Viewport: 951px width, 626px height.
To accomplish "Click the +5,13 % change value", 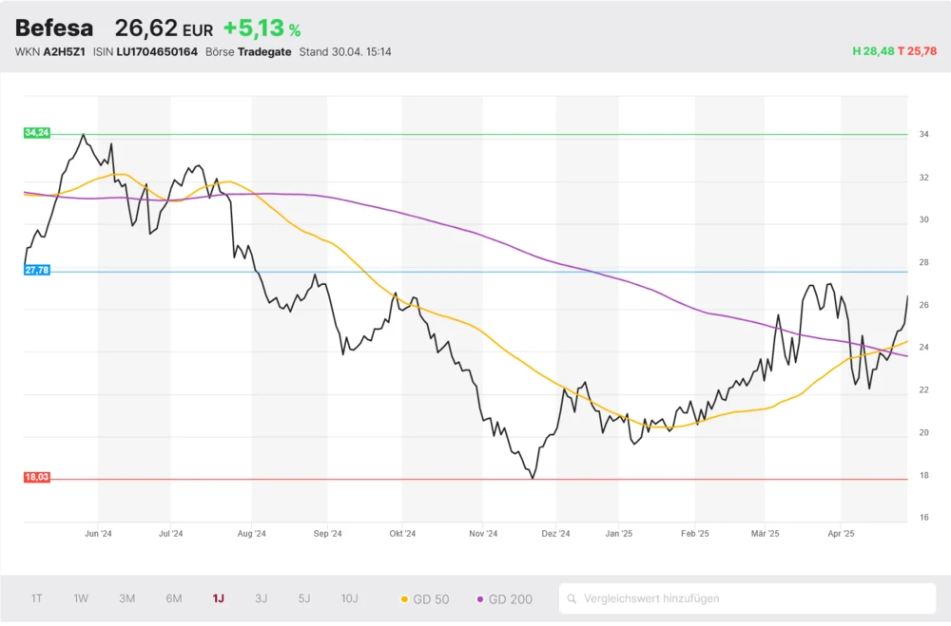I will coord(262,29).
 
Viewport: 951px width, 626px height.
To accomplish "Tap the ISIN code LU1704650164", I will coord(157,51).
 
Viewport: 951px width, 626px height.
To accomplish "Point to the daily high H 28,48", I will coord(874,51).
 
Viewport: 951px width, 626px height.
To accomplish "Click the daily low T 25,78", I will coord(918,51).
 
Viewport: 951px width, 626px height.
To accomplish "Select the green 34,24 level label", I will coord(36,133).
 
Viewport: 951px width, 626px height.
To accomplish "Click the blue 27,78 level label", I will coord(36,271).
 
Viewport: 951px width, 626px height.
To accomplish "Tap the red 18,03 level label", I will coord(36,477).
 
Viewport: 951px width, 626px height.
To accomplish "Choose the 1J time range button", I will coord(218,598).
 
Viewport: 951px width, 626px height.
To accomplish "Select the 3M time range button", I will coord(126,598).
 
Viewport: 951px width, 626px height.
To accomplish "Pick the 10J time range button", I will coord(349,598).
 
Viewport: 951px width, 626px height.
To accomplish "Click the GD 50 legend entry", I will coord(424,599).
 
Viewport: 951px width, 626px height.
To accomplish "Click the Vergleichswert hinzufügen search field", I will coord(747,598).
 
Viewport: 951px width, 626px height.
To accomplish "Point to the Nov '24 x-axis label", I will coord(483,534).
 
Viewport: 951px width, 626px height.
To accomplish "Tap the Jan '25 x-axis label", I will coord(619,534).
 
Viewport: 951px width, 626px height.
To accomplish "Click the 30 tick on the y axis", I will coord(923,219).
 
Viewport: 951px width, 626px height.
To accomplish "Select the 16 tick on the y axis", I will coord(923,518).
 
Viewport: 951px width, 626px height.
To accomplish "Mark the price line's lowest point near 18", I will coord(532,478).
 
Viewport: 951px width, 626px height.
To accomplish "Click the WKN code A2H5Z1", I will coord(65,51).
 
